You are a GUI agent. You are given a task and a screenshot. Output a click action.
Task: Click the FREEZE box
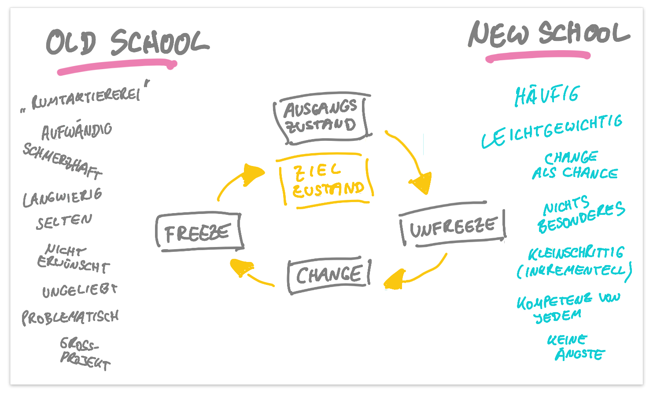point(199,232)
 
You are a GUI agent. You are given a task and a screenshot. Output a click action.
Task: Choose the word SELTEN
point(64,221)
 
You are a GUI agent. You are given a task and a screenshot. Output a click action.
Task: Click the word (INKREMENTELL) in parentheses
point(574,270)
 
